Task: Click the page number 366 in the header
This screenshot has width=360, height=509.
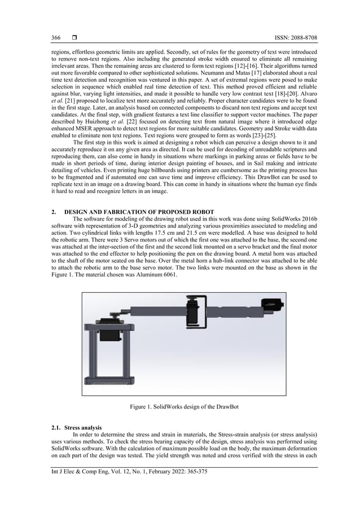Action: pos(56,38)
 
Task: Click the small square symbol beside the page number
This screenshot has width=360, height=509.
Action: pos(74,38)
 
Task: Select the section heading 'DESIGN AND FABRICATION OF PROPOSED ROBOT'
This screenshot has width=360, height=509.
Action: pos(138,212)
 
